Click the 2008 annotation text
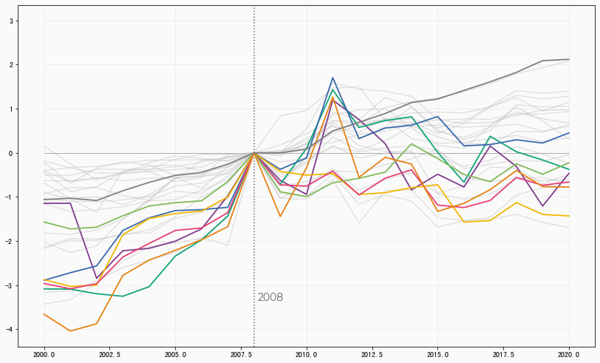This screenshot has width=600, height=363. [x=270, y=297]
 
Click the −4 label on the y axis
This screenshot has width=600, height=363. [x=10, y=329]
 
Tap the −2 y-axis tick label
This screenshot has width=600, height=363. [x=10, y=241]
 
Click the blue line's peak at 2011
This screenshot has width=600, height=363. [x=333, y=78]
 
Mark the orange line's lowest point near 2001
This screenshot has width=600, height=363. [x=70, y=330]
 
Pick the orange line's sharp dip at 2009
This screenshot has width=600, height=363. [x=280, y=216]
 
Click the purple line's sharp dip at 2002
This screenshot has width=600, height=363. [x=96, y=278]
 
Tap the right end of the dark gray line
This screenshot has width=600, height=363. [x=569, y=59]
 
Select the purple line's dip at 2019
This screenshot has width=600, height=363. [x=542, y=206]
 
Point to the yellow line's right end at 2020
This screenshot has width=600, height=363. [x=569, y=216]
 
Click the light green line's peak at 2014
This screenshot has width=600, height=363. [x=412, y=143]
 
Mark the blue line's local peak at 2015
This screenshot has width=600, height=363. [x=437, y=117]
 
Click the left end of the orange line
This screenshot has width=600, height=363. [x=44, y=314]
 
